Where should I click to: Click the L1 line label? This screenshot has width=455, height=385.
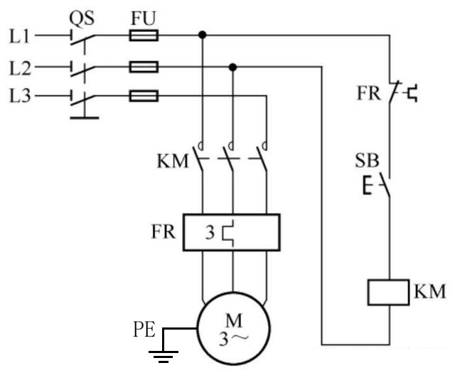click(19, 36)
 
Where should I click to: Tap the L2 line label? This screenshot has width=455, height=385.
click(20, 68)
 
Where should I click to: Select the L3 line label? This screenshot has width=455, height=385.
click(20, 96)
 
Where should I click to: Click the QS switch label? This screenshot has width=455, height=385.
click(82, 18)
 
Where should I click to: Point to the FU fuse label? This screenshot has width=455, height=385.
click(144, 18)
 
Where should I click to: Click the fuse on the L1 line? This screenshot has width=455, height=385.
click(144, 36)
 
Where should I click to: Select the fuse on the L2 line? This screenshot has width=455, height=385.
click(144, 67)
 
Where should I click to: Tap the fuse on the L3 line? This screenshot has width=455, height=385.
click(144, 96)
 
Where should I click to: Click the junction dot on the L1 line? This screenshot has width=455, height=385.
click(202, 35)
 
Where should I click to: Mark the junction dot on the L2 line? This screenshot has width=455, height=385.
click(232, 67)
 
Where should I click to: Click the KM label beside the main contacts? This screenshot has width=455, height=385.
click(173, 161)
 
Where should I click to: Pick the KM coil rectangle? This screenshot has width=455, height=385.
click(389, 292)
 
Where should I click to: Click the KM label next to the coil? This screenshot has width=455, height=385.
click(429, 291)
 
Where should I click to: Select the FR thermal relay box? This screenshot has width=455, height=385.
click(232, 232)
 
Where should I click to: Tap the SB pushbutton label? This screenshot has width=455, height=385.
click(367, 161)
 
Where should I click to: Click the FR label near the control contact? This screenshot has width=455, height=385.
click(368, 93)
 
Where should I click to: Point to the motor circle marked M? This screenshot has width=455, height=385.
click(234, 328)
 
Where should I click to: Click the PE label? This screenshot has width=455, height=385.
click(144, 330)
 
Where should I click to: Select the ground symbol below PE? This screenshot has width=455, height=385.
click(164, 357)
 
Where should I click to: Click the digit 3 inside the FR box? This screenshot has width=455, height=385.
click(210, 232)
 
